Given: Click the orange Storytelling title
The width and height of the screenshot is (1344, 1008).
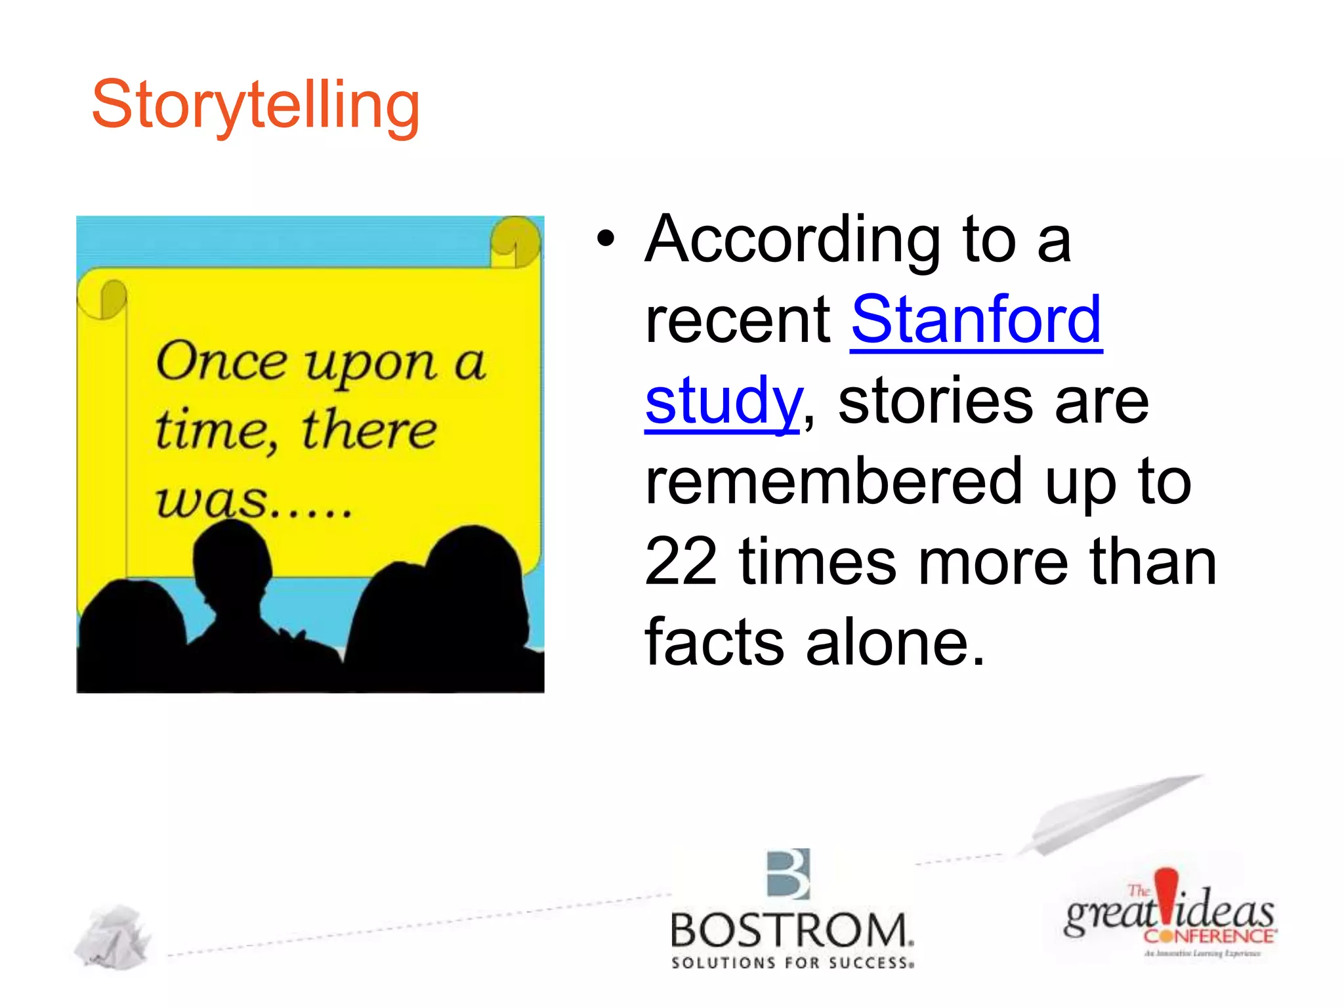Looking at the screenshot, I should (x=255, y=105).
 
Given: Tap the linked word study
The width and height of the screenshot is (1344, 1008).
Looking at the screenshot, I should (x=723, y=402).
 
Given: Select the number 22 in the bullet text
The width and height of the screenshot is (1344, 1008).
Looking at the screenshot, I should (x=681, y=561).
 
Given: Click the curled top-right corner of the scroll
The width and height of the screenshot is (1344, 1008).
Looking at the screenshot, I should (x=516, y=241).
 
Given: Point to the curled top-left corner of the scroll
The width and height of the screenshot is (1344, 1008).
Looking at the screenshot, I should (x=103, y=299).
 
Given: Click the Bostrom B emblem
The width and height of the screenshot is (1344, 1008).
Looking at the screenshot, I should (x=789, y=874).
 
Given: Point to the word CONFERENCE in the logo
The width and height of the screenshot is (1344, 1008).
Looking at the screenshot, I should (x=1209, y=936).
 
